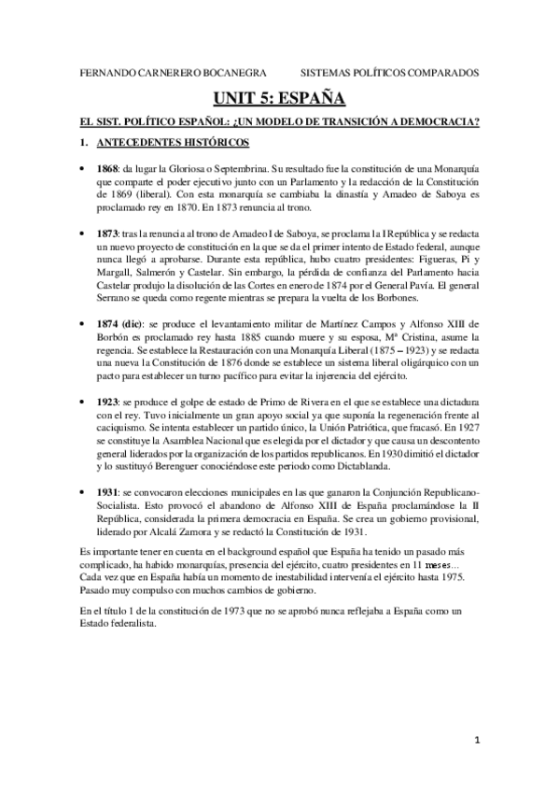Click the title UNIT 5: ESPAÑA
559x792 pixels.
[279, 97]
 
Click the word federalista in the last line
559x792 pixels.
[132, 626]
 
